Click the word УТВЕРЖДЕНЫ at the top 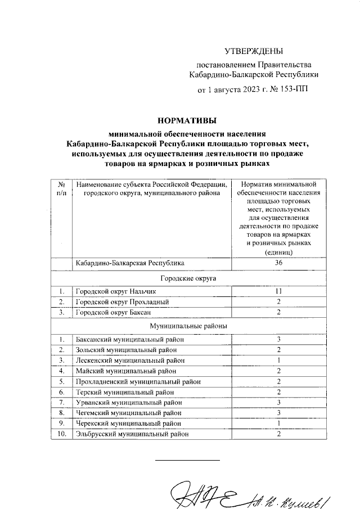tap(250, 51)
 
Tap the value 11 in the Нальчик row tap(278, 292)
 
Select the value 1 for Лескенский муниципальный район tap(278, 359)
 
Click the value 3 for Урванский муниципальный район tap(278, 402)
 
